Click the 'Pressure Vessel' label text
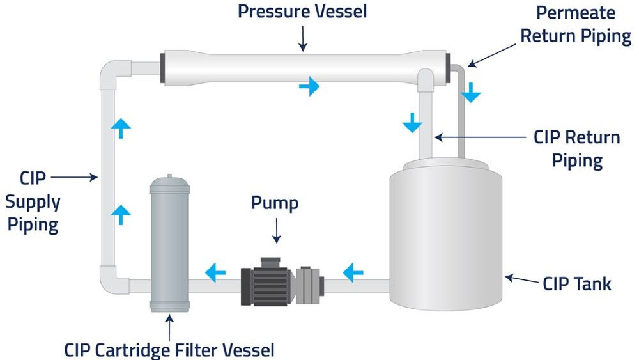point(302,12)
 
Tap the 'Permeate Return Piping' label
point(575,24)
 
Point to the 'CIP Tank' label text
point(577,283)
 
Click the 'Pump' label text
point(274,203)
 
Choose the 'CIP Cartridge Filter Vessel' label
point(169,350)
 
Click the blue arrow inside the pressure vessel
point(309,85)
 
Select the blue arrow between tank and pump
point(353,274)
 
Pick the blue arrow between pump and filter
point(215,274)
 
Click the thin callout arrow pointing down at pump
point(276,230)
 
